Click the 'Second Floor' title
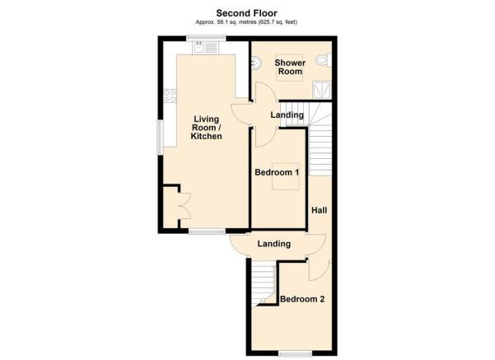pyautogui.click(x=246, y=13)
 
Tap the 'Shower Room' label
pyautogui.click(x=290, y=67)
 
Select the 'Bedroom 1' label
pyautogui.click(x=277, y=172)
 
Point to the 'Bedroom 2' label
pyautogui.click(x=302, y=299)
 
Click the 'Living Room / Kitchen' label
pyautogui.click(x=207, y=128)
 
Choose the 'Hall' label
pyautogui.click(x=320, y=210)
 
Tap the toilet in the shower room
pyautogui.click(x=324, y=60)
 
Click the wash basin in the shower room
pyautogui.click(x=256, y=63)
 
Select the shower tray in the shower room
pyautogui.click(x=322, y=90)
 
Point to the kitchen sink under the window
pyautogui.click(x=206, y=48)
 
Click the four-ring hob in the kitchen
pyautogui.click(x=170, y=96)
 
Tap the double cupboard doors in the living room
pyautogui.click(x=185, y=206)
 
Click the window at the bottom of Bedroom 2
pyautogui.click(x=295, y=353)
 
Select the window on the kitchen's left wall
pyautogui.click(x=160, y=137)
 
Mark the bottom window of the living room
pyautogui.click(x=207, y=231)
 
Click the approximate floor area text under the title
pyautogui.click(x=246, y=22)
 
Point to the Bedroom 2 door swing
pyautogui.click(x=320, y=271)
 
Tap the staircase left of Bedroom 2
pyautogui.click(x=264, y=283)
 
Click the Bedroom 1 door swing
pyautogui.click(x=266, y=137)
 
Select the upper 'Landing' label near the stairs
pyautogui.click(x=287, y=115)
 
